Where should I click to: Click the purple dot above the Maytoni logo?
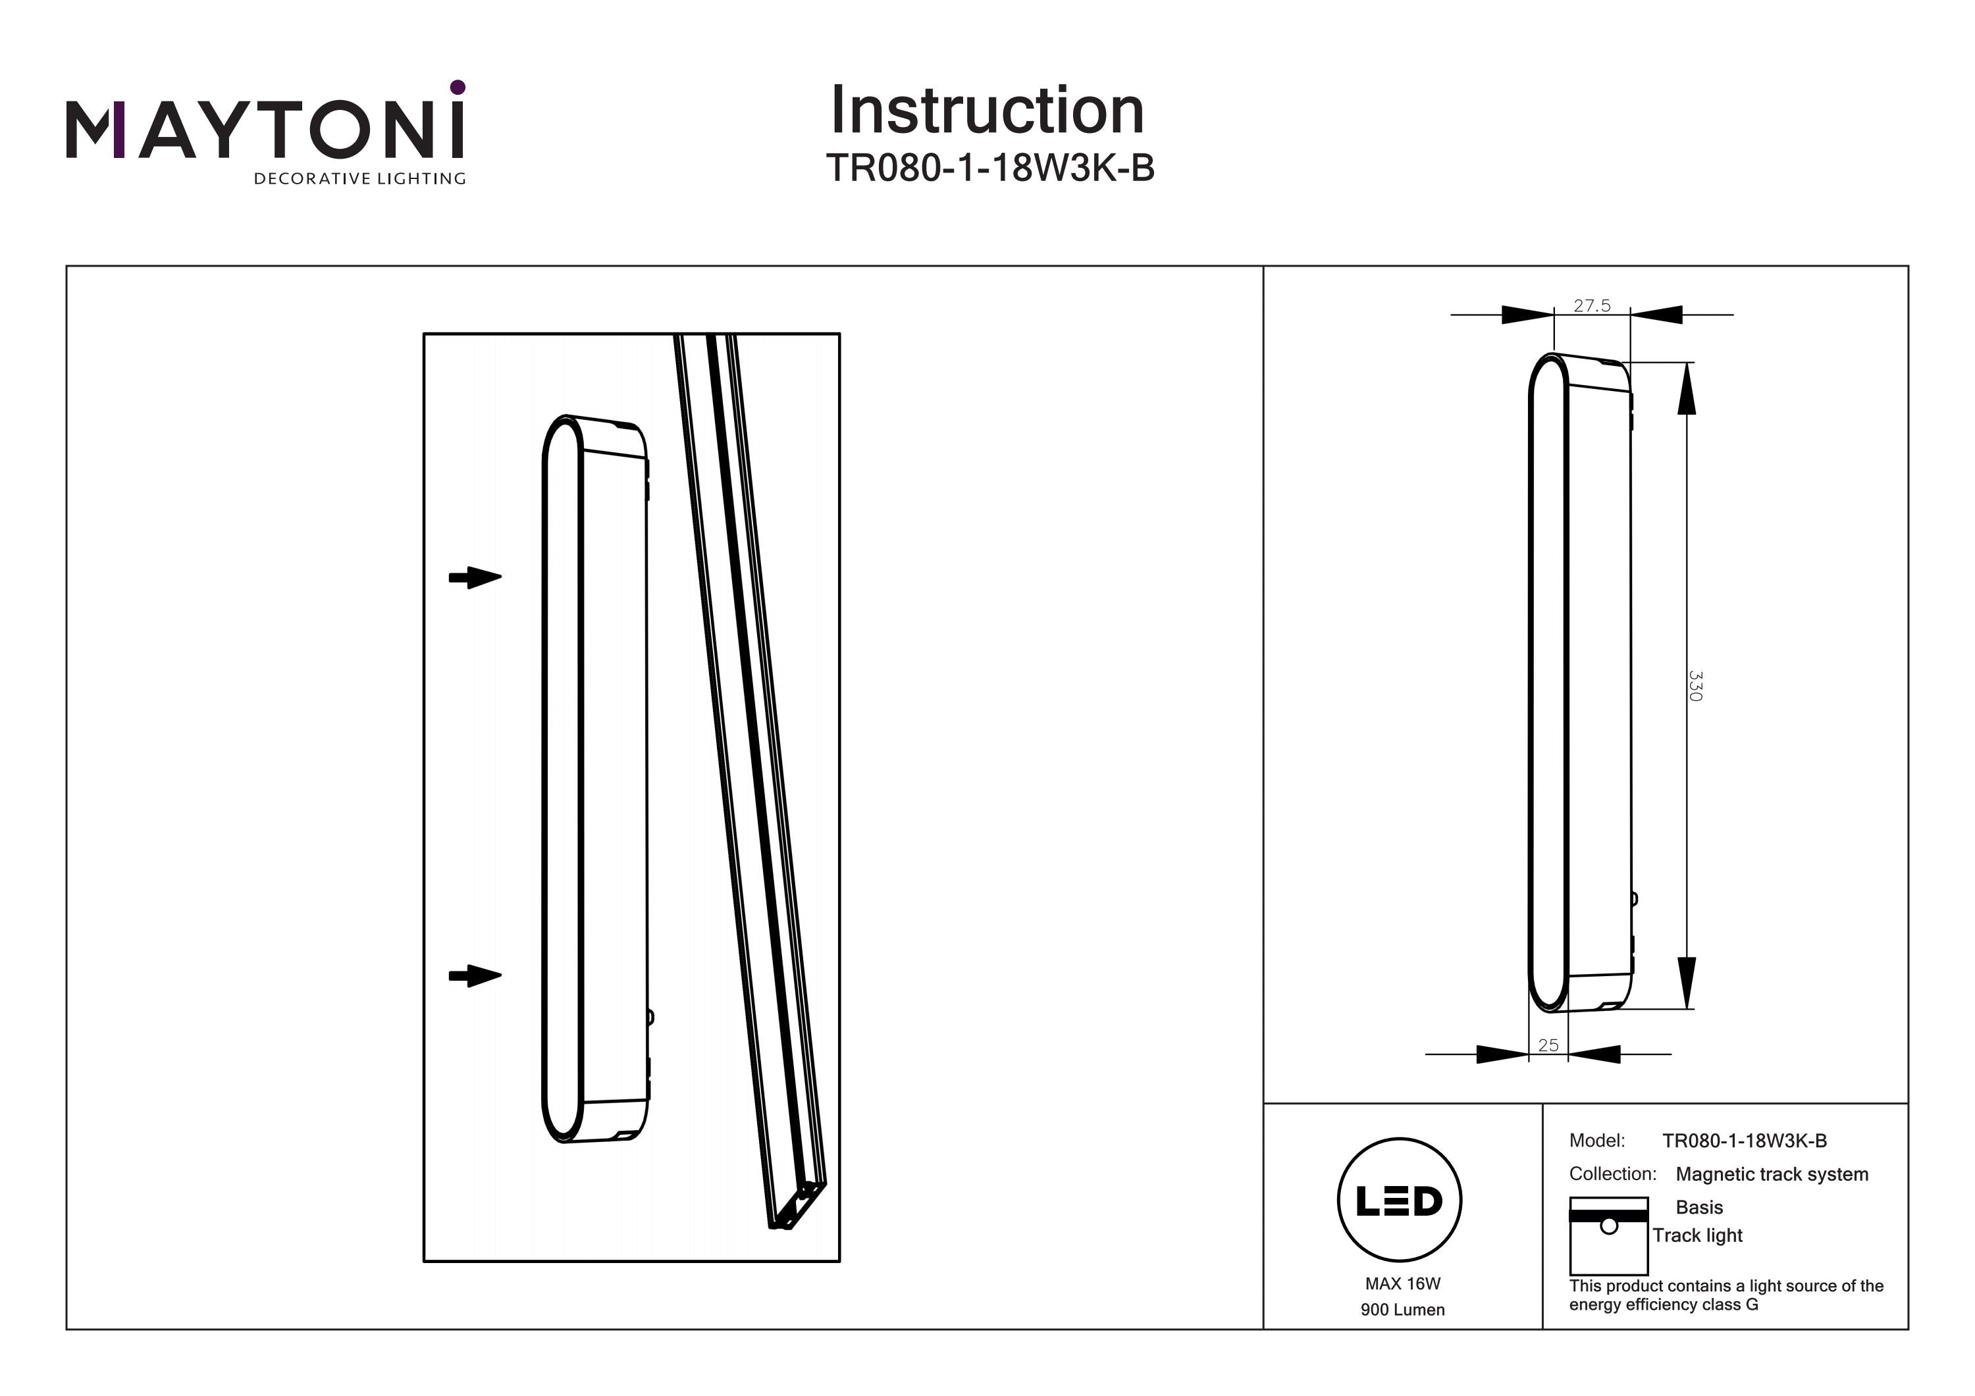click(x=458, y=87)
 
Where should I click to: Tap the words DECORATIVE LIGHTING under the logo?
click(x=359, y=179)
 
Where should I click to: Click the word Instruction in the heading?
click(x=987, y=111)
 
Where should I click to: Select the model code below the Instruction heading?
click(x=989, y=168)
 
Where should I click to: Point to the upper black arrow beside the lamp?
click(x=475, y=577)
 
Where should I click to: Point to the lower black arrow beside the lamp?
click(x=475, y=975)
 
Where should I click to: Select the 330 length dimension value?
click(x=1695, y=686)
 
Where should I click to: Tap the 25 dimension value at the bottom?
click(x=1548, y=1045)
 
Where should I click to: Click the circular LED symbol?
click(x=1399, y=1200)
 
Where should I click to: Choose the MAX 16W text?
click(x=1402, y=1283)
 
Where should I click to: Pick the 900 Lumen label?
click(x=1402, y=1310)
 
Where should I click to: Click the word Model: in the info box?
click(x=1596, y=1141)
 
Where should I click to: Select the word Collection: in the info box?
click(x=1612, y=1174)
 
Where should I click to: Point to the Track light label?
click(x=1697, y=1235)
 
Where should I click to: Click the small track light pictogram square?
click(x=1608, y=1236)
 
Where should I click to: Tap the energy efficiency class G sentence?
click(x=1725, y=1295)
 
